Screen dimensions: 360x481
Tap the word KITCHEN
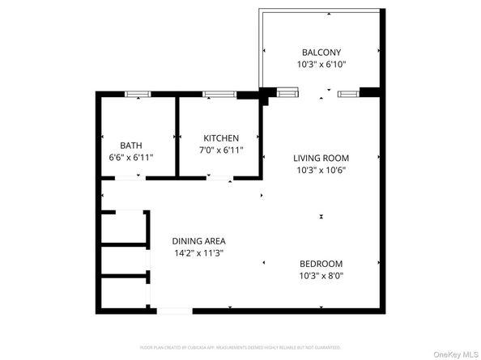pos(221,138)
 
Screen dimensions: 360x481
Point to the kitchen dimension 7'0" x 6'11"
pos(221,150)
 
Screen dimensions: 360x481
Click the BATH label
pos(131,146)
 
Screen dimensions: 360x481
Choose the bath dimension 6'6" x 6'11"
pos(131,158)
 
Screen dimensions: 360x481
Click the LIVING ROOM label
pos(321,158)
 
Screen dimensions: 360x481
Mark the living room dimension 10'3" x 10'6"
pos(321,171)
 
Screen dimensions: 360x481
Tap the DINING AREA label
pos(198,241)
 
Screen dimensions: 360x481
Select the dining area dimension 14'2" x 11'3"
pos(198,254)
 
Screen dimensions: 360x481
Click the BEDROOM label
pos(321,264)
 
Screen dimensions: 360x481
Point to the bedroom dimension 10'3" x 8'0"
pos(321,277)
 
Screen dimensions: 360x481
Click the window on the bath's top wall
pos(138,94)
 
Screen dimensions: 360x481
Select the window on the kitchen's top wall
pos(214,94)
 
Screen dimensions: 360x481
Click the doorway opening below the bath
pos(130,178)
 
